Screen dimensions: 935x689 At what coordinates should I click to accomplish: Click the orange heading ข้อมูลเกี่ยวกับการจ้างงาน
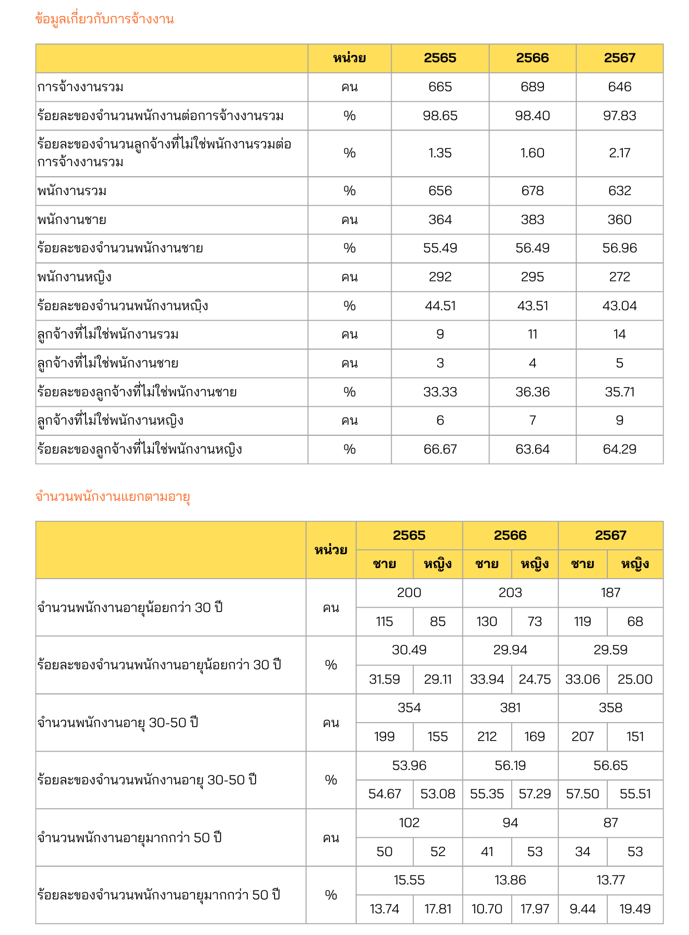click(104, 19)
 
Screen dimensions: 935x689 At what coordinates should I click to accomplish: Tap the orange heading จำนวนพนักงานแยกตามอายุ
click(113, 496)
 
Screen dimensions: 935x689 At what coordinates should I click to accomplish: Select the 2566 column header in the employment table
click(532, 58)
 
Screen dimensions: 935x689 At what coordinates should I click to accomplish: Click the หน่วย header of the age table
click(331, 550)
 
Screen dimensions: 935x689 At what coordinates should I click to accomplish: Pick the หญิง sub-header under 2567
click(635, 564)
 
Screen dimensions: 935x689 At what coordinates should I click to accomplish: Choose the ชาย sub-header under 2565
click(385, 564)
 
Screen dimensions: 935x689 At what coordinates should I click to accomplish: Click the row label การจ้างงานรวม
click(81, 87)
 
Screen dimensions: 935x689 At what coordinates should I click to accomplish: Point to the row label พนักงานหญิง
click(74, 277)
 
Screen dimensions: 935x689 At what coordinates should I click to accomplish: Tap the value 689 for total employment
click(532, 87)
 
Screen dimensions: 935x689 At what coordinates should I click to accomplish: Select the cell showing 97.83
click(620, 116)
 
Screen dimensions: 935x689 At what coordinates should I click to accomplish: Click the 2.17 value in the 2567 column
click(620, 153)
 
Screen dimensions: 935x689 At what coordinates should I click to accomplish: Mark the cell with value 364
click(440, 220)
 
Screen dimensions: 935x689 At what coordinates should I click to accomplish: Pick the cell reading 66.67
click(440, 449)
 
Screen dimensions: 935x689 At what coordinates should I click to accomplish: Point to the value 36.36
click(532, 392)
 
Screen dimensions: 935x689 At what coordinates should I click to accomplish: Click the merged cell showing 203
click(510, 593)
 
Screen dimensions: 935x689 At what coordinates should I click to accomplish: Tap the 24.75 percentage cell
click(535, 679)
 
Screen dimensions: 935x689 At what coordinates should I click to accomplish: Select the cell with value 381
click(510, 708)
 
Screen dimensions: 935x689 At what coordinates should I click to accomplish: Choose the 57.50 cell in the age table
click(582, 794)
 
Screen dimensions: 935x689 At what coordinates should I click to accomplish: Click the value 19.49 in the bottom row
click(635, 909)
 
